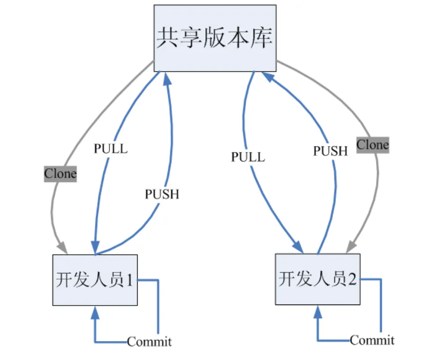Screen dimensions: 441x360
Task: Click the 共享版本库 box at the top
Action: [x=215, y=38]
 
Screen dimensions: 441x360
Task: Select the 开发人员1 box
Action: [x=95, y=280]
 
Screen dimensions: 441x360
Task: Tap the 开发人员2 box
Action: [x=318, y=279]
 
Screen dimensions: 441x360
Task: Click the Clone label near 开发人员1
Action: [x=60, y=174]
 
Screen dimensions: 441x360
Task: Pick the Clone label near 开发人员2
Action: [x=373, y=145]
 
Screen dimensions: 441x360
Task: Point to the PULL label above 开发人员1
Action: [x=111, y=149]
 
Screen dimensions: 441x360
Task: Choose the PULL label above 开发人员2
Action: [x=248, y=157]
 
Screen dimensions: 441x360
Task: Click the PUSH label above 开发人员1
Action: [x=162, y=194]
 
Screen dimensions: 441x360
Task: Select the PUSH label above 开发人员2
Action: [x=331, y=151]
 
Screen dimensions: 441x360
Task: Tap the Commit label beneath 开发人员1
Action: [x=149, y=342]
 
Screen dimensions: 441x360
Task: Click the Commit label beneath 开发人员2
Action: [x=372, y=340]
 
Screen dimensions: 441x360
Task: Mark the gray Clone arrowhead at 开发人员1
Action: [x=63, y=248]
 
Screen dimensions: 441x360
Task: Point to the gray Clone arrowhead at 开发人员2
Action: [x=351, y=247]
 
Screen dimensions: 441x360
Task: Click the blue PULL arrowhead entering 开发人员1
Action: [x=95, y=247]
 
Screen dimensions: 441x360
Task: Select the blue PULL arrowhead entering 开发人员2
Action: [x=298, y=247]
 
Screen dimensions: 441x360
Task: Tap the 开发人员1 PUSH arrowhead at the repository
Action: [x=167, y=79]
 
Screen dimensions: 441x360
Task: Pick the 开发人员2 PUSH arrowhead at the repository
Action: [x=268, y=77]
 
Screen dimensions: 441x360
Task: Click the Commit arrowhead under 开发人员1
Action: [x=95, y=313]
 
